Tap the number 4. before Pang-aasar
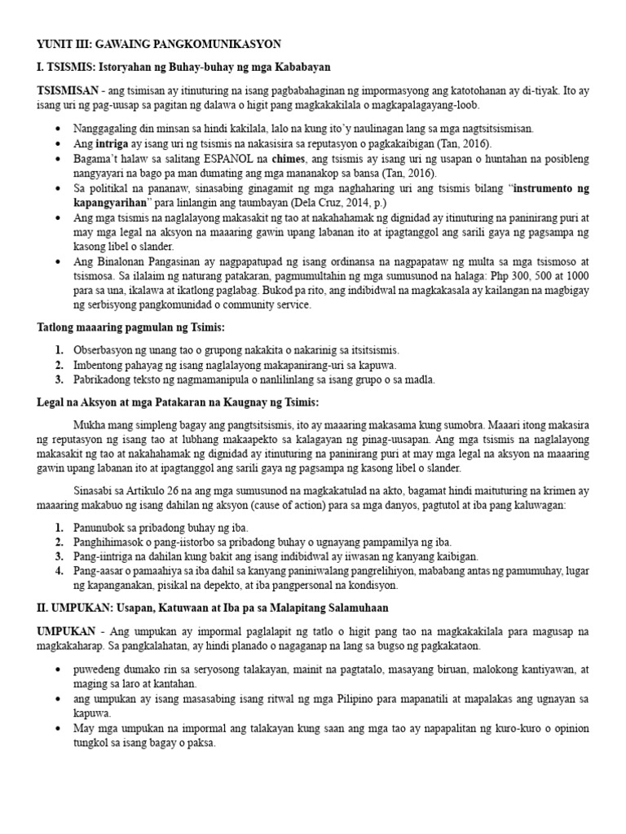pyautogui.click(x=60, y=571)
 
